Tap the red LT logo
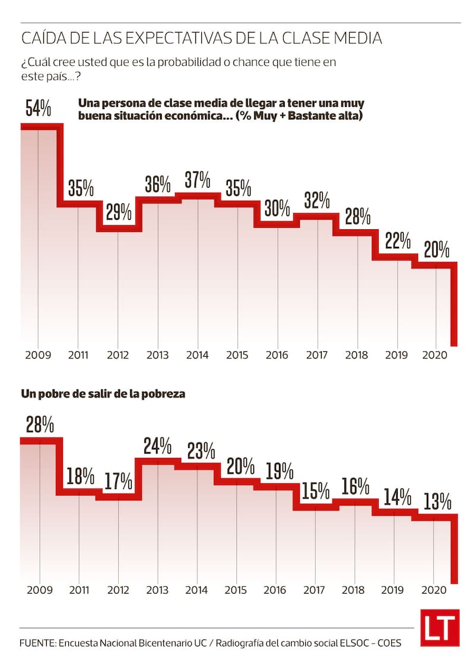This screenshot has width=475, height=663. [x=440, y=627]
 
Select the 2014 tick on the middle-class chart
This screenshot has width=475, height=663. [x=197, y=355]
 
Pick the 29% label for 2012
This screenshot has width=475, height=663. [x=118, y=212]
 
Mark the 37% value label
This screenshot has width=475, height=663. [x=197, y=179]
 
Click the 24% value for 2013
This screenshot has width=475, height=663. [x=158, y=445]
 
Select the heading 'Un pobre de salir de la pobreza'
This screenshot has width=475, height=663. [x=103, y=394]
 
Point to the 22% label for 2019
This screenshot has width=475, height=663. [x=397, y=241]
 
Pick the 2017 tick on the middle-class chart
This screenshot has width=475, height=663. [x=317, y=355]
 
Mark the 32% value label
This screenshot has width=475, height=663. [x=316, y=201]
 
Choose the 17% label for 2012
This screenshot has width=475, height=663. [x=118, y=482]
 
